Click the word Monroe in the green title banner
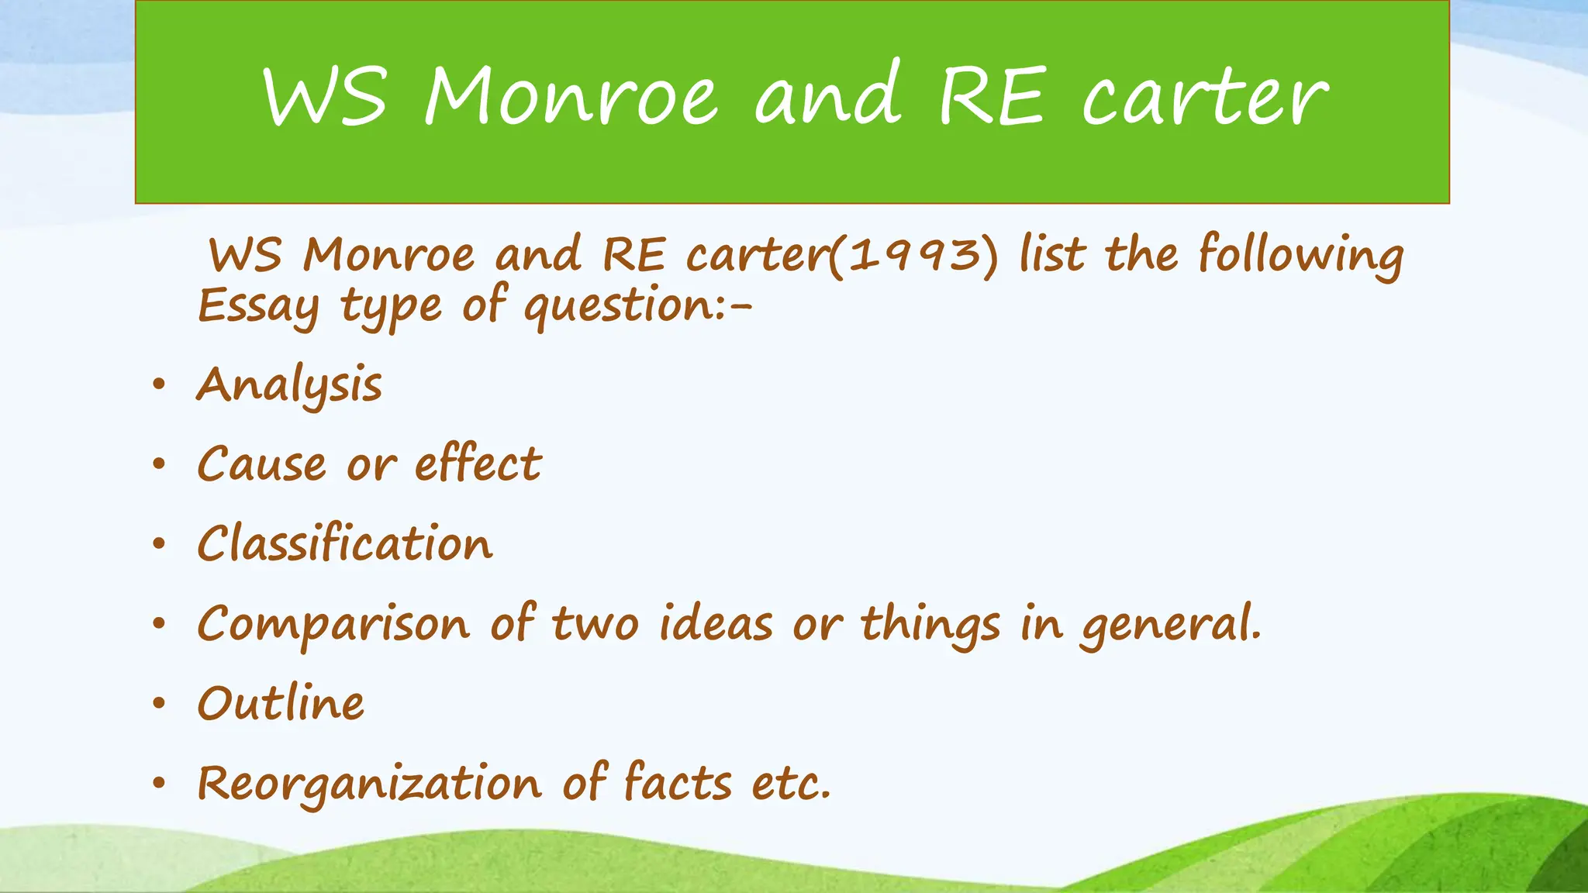[x=570, y=96]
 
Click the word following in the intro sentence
[x=1300, y=256]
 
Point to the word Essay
[x=258, y=306]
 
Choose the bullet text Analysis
[x=289, y=385]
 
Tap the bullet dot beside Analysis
[x=159, y=384]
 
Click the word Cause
[x=261, y=465]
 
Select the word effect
[x=478, y=464]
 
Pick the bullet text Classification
[x=345, y=543]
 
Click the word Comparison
[x=333, y=625]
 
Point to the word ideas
[x=715, y=623]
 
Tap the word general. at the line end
[x=1172, y=625]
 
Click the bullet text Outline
[x=281, y=704]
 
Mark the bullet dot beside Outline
[x=159, y=704]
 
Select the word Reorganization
[x=369, y=784]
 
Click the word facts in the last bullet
[x=677, y=782]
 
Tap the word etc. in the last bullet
[x=791, y=784]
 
